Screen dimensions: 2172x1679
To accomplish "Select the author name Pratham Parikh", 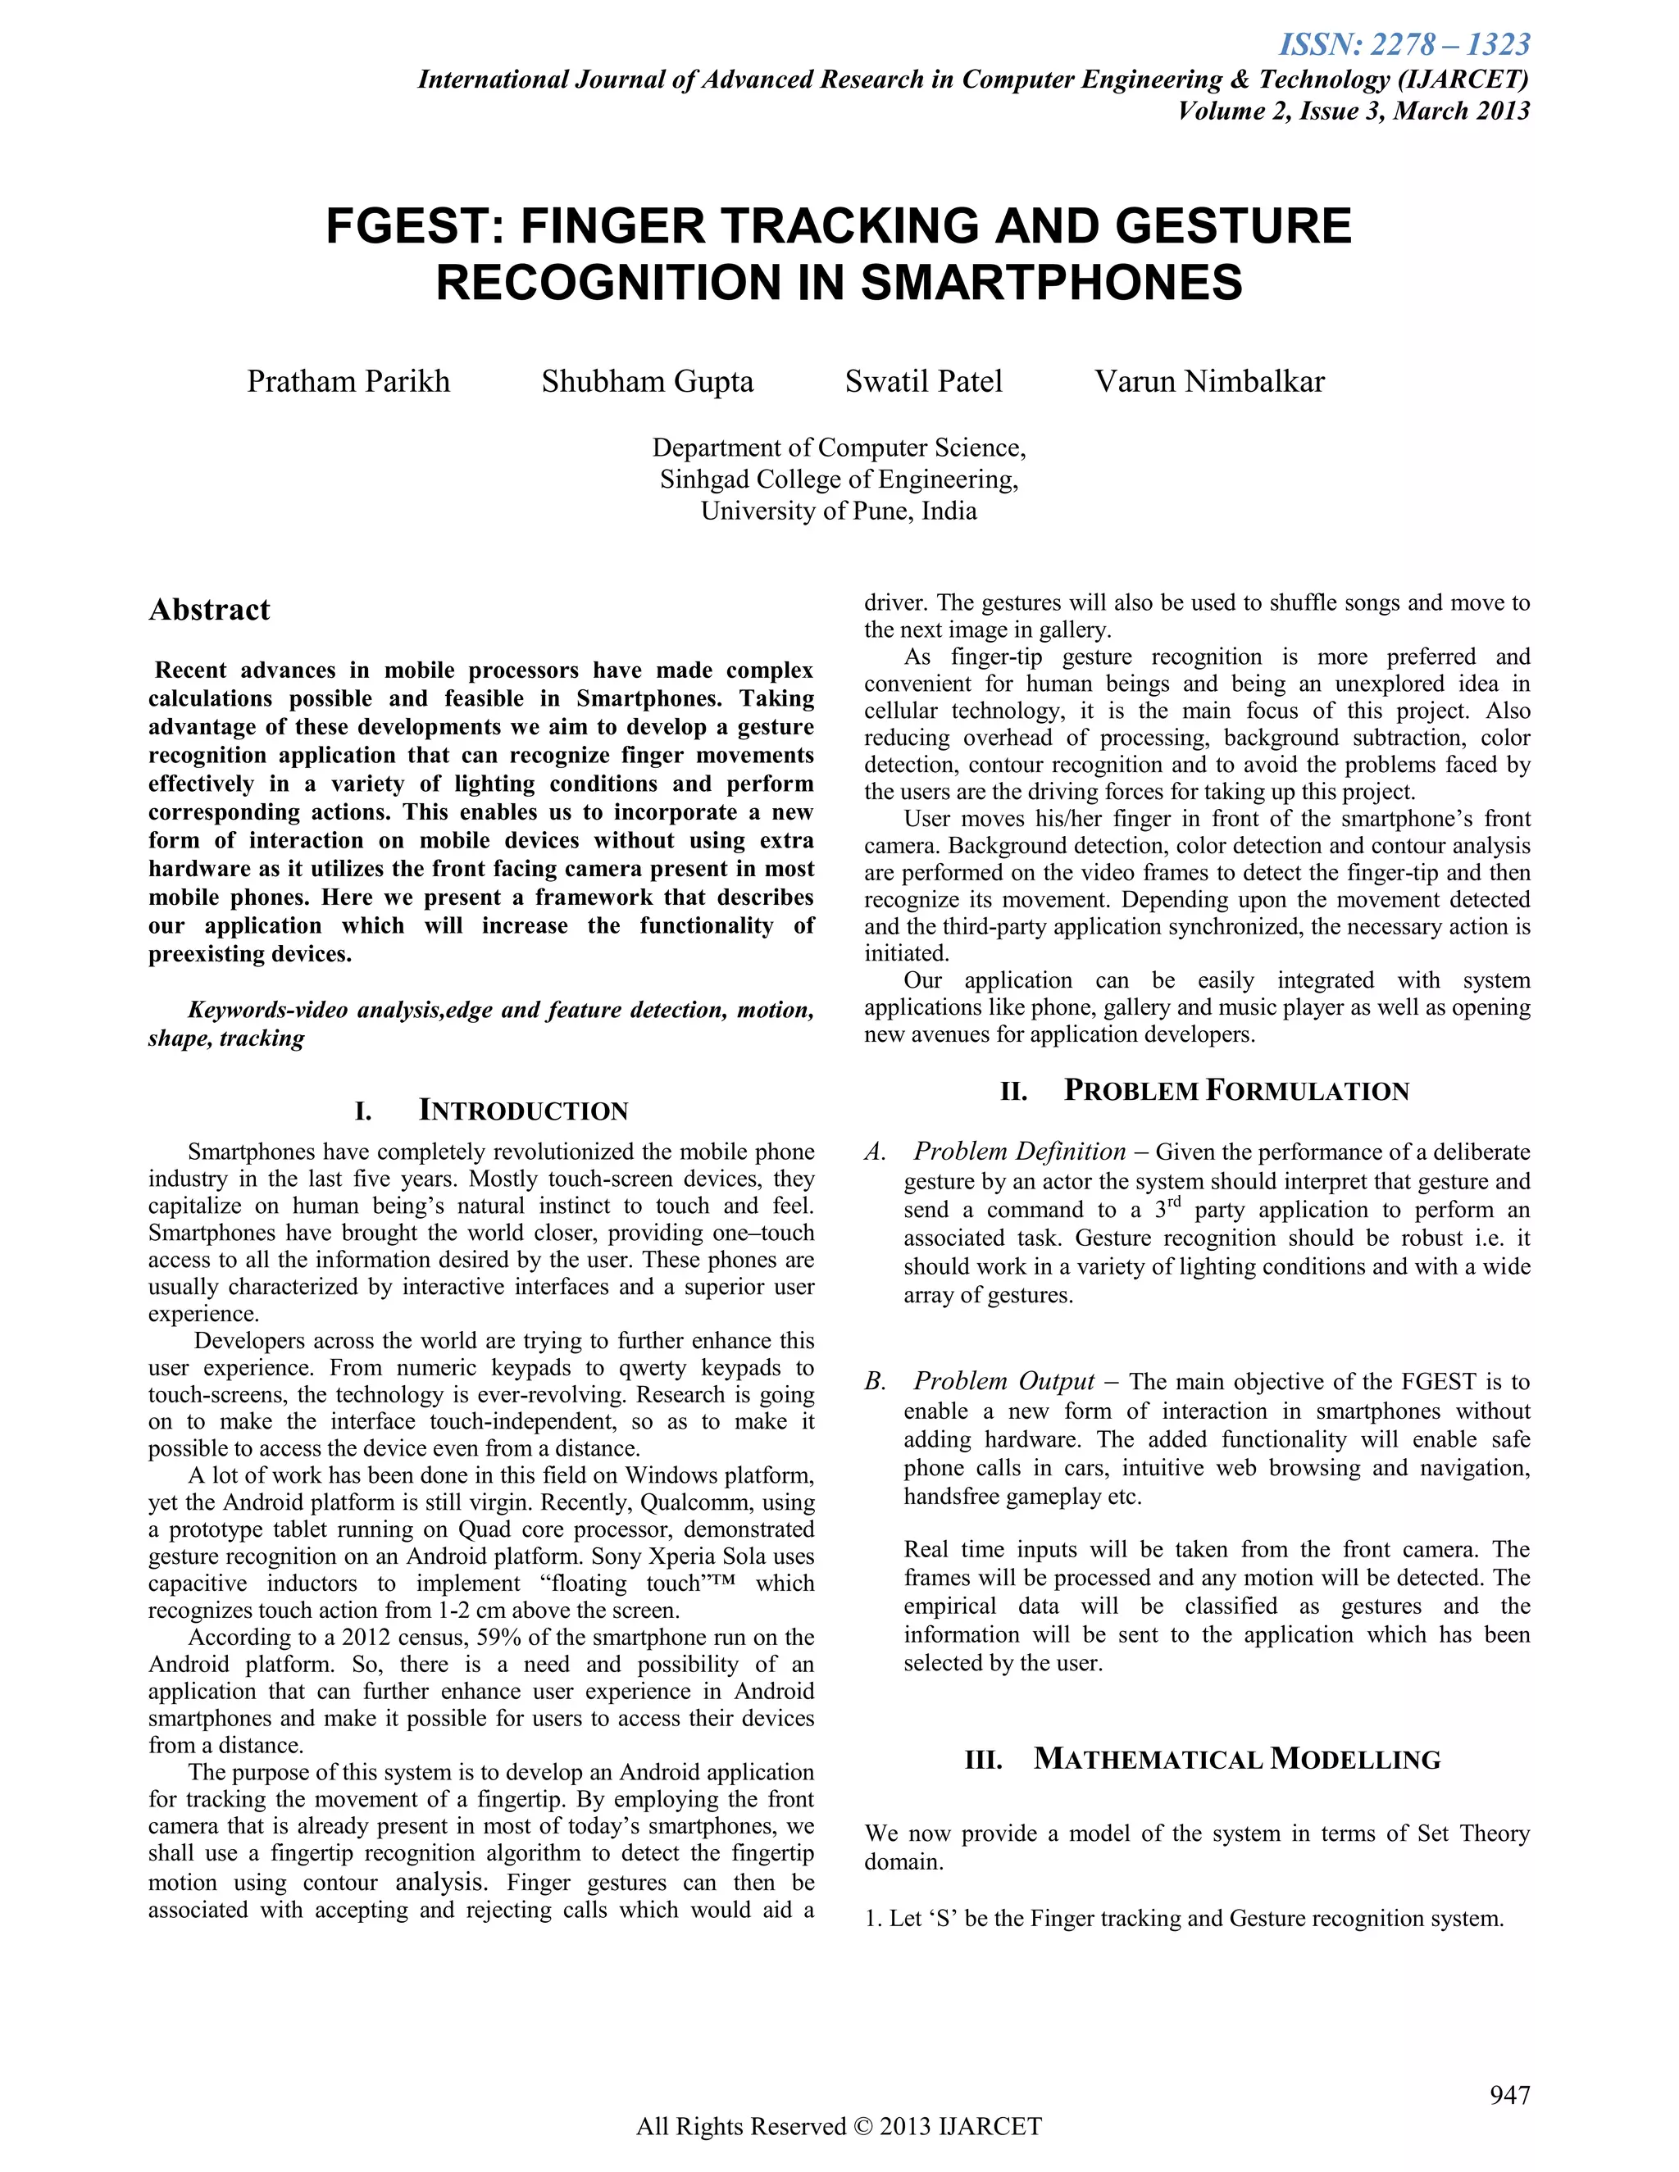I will tap(348, 382).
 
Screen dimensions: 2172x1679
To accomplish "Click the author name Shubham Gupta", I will tap(648, 382).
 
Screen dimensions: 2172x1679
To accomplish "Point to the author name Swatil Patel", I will tap(923, 382).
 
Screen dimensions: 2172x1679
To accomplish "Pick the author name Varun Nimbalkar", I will tap(1209, 382).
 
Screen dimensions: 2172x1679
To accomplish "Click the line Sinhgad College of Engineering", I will tap(839, 479).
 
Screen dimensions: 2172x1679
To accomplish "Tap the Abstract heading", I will tap(209, 610).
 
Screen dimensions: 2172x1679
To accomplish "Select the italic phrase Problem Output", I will tap(1003, 1381).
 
